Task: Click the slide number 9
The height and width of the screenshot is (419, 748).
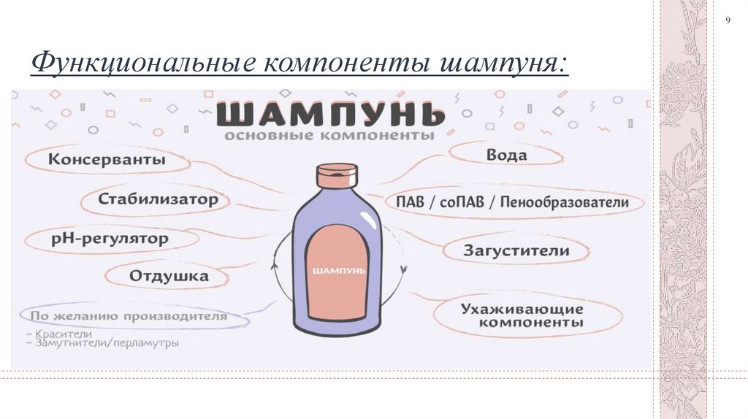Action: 728,20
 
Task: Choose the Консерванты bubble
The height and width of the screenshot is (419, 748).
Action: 107,160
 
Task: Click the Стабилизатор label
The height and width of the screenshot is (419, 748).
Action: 159,199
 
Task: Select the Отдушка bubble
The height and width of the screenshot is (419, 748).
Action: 169,277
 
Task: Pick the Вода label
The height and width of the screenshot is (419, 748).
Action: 506,155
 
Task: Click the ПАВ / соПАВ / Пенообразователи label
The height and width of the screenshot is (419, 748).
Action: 511,202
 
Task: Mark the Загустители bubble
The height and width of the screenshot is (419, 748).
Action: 516,250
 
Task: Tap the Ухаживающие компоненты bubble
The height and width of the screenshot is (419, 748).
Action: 522,315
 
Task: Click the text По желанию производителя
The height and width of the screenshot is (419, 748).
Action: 129,317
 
